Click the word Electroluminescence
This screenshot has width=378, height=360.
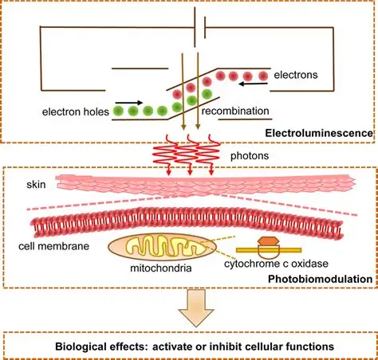click(x=319, y=133)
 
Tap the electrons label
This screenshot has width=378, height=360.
click(x=296, y=75)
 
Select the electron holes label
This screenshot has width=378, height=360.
click(x=76, y=112)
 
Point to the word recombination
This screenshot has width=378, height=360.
click(x=235, y=111)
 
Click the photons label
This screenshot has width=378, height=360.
click(x=250, y=155)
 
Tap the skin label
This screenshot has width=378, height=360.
click(x=36, y=185)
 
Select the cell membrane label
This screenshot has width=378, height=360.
click(x=54, y=246)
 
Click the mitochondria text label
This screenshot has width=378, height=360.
click(x=161, y=268)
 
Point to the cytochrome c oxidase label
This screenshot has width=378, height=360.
click(x=276, y=264)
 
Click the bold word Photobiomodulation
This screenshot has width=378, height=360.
click(x=321, y=279)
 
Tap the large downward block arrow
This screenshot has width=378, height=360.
click(x=196, y=308)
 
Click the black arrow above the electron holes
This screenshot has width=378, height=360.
click(x=129, y=103)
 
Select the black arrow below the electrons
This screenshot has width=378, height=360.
click(x=253, y=84)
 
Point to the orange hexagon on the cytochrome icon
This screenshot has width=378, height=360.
click(x=269, y=241)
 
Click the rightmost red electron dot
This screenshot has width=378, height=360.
click(x=263, y=76)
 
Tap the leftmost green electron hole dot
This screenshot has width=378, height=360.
click(x=118, y=111)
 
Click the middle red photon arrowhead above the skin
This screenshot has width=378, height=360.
click(x=190, y=173)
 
